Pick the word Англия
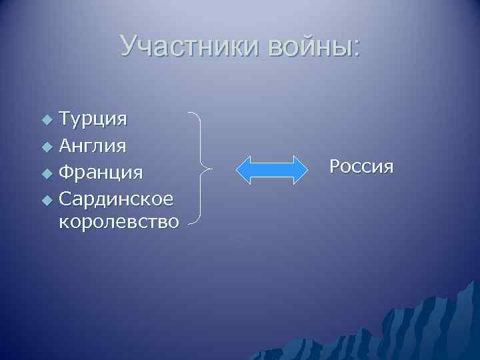pyautogui.click(x=93, y=145)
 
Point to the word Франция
pyautogui.click(x=101, y=172)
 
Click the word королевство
pyautogui.click(x=119, y=221)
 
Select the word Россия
pyautogui.click(x=361, y=166)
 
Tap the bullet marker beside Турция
pyautogui.click(x=45, y=121)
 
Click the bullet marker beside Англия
pyautogui.click(x=45, y=146)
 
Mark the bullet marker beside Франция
pyautogui.click(x=45, y=173)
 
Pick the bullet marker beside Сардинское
pyautogui.click(x=45, y=199)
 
